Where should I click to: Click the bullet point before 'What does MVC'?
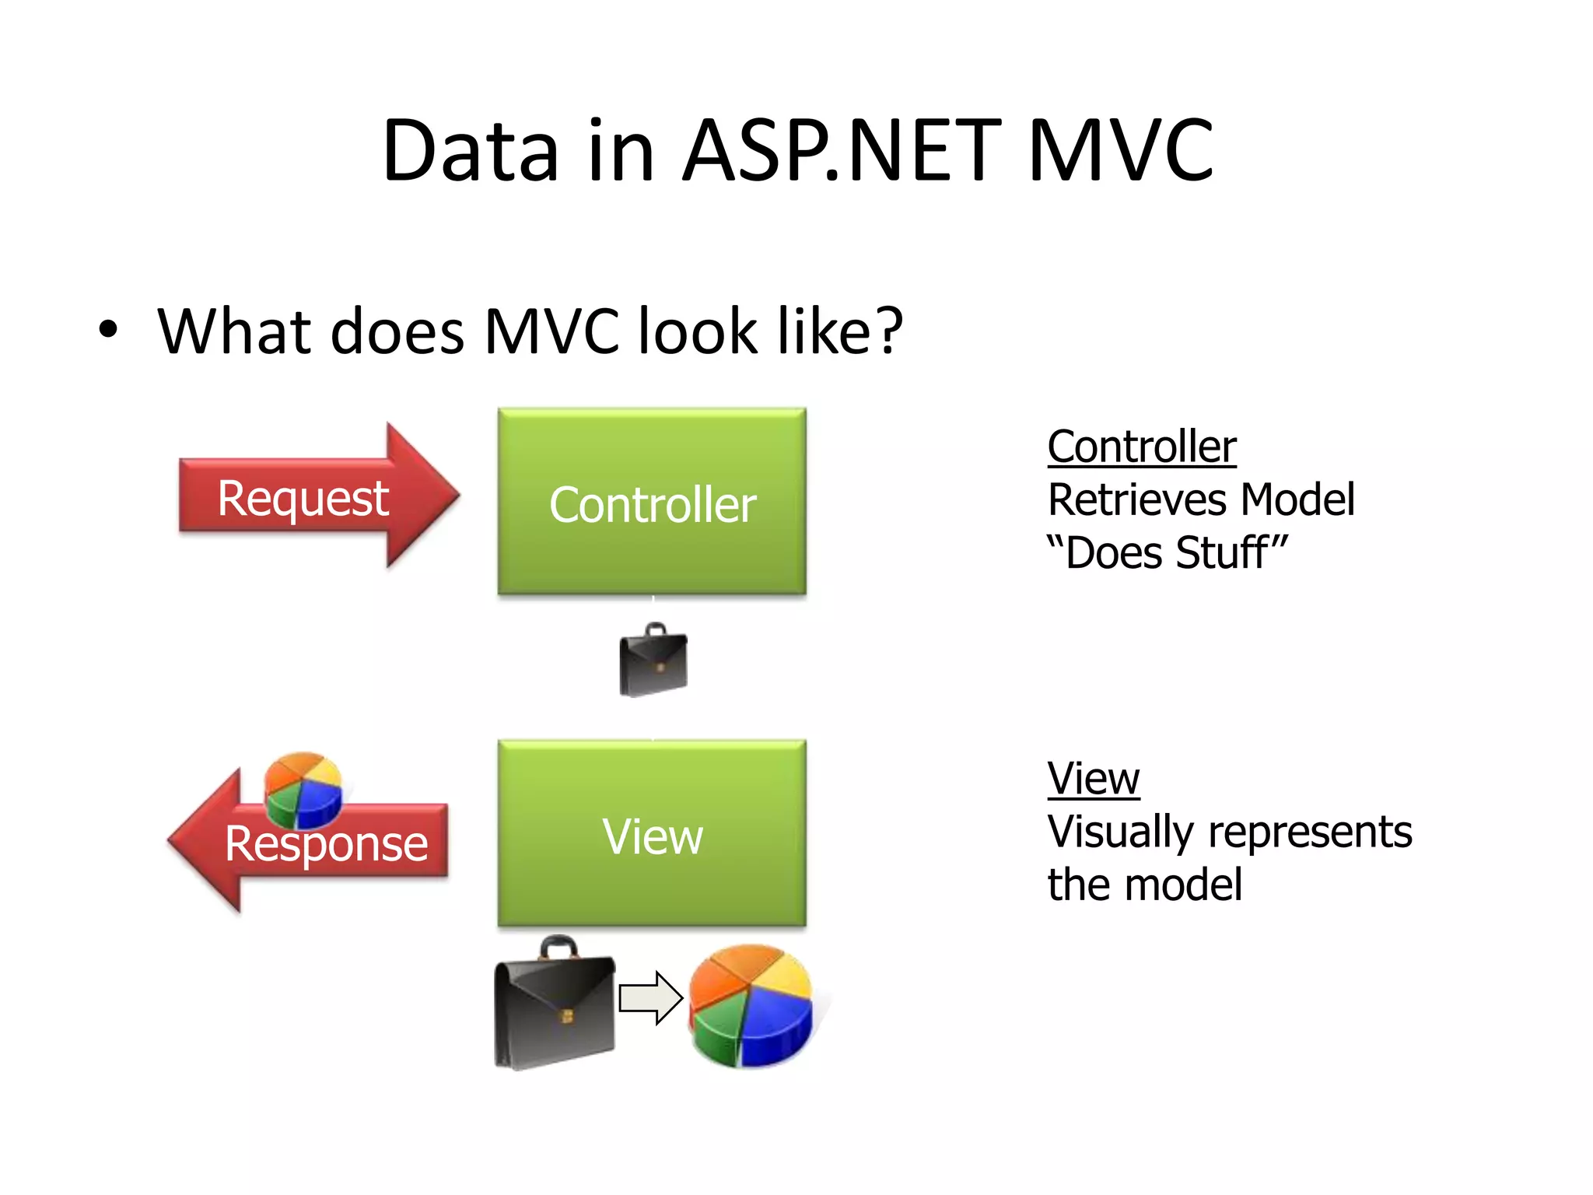(108, 330)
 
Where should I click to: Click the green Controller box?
(652, 502)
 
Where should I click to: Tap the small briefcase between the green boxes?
(653, 662)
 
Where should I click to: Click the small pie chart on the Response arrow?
(303, 789)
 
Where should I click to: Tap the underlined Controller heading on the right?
(1141, 447)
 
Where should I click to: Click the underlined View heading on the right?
(1093, 778)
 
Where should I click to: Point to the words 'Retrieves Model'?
(1200, 499)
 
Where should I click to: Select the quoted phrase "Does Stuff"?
(1167, 552)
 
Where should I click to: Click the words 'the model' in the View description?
(1144, 885)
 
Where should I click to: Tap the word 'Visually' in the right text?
(1119, 832)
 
